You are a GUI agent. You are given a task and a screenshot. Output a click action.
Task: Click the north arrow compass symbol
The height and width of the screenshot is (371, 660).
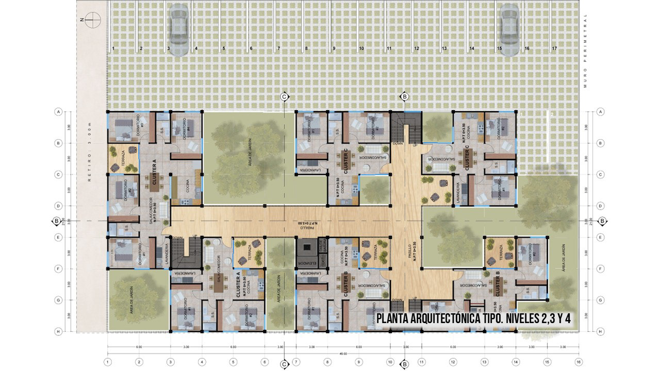93,20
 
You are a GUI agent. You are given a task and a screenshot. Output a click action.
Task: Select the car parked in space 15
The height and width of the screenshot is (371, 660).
509,26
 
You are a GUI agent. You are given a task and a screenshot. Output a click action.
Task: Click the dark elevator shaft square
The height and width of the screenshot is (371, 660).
307,247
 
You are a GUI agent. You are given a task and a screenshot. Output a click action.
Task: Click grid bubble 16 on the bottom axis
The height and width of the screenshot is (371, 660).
579,362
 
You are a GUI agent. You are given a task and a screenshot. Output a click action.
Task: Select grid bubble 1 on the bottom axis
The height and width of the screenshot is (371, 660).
108,362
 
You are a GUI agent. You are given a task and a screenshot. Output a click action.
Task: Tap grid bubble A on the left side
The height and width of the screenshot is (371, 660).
59,112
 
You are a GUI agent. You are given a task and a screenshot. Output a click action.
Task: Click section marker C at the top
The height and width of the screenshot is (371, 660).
284,96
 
